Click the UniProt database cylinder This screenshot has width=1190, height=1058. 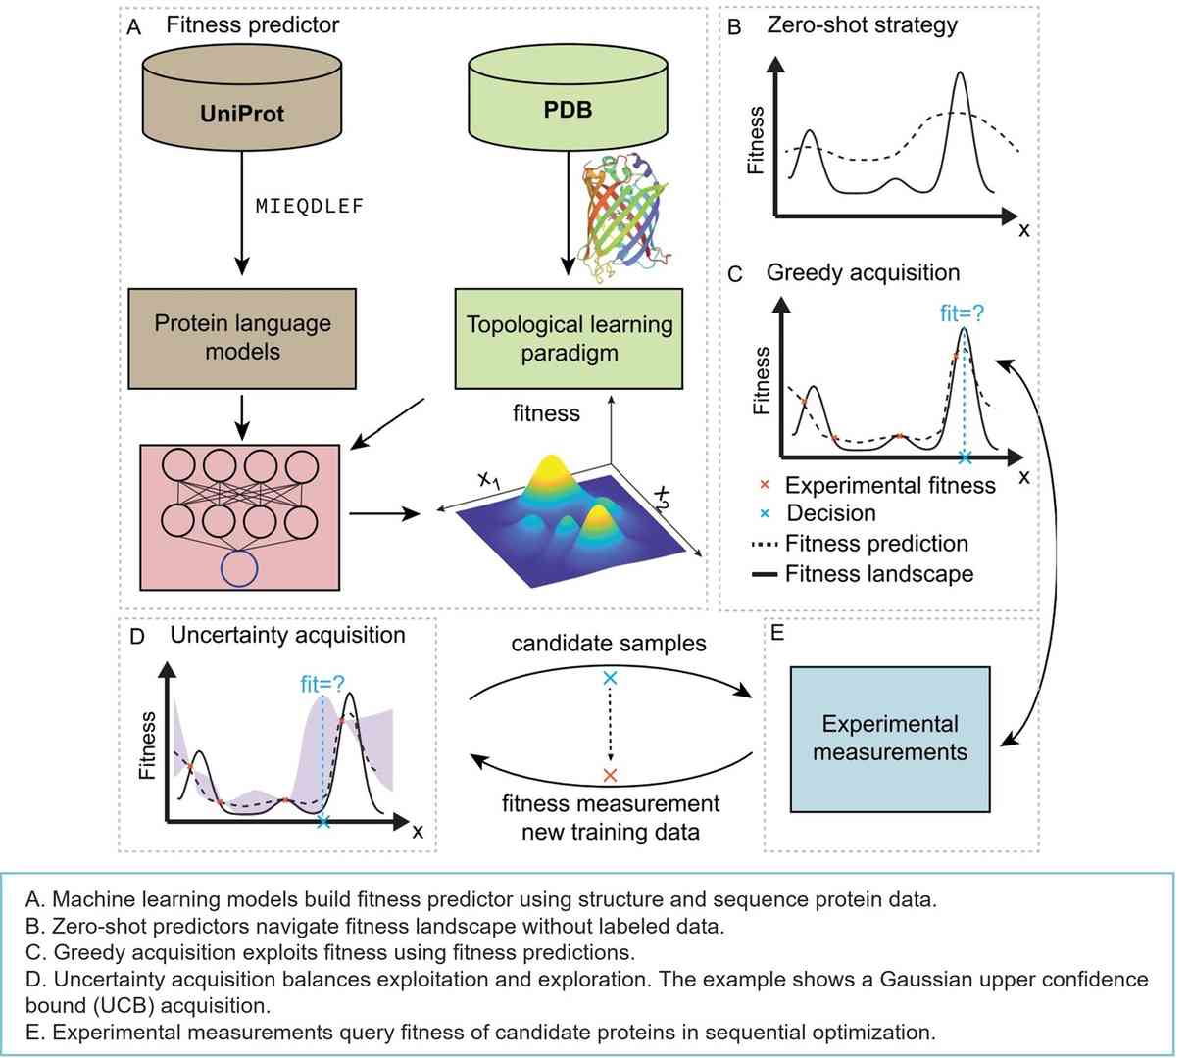[x=241, y=108]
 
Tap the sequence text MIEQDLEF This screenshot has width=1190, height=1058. [x=309, y=207]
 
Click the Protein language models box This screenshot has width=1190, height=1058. [x=242, y=337]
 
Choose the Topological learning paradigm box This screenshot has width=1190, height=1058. [x=569, y=338]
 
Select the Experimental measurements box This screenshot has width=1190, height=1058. [x=889, y=739]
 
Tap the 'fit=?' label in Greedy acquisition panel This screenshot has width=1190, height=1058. [x=961, y=313]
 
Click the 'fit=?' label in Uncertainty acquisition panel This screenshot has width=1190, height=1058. [x=322, y=684]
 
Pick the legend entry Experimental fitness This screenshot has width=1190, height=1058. [x=889, y=486]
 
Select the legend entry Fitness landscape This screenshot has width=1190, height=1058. [x=878, y=574]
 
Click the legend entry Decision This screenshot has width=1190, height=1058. [x=831, y=513]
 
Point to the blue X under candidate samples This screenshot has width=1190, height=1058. [x=610, y=678]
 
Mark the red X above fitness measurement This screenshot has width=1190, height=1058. [x=610, y=775]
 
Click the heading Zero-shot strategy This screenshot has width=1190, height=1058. [x=862, y=25]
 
